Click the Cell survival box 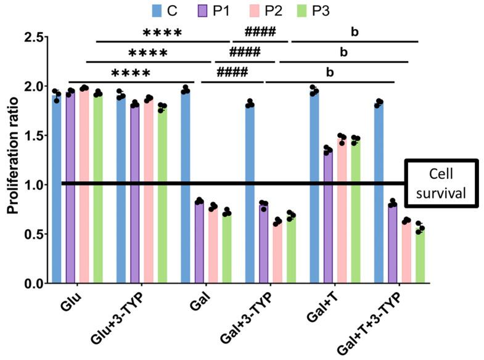440,184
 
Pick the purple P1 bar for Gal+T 327,216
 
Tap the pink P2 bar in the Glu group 84,186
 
